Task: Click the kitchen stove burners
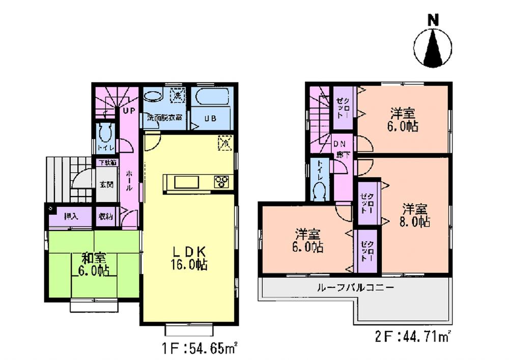pos(221,182)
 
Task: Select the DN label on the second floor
pos(340,144)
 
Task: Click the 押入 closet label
pos(71,216)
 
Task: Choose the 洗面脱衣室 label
pos(165,117)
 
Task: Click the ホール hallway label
pos(129,180)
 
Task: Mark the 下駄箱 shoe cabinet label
pos(107,163)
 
